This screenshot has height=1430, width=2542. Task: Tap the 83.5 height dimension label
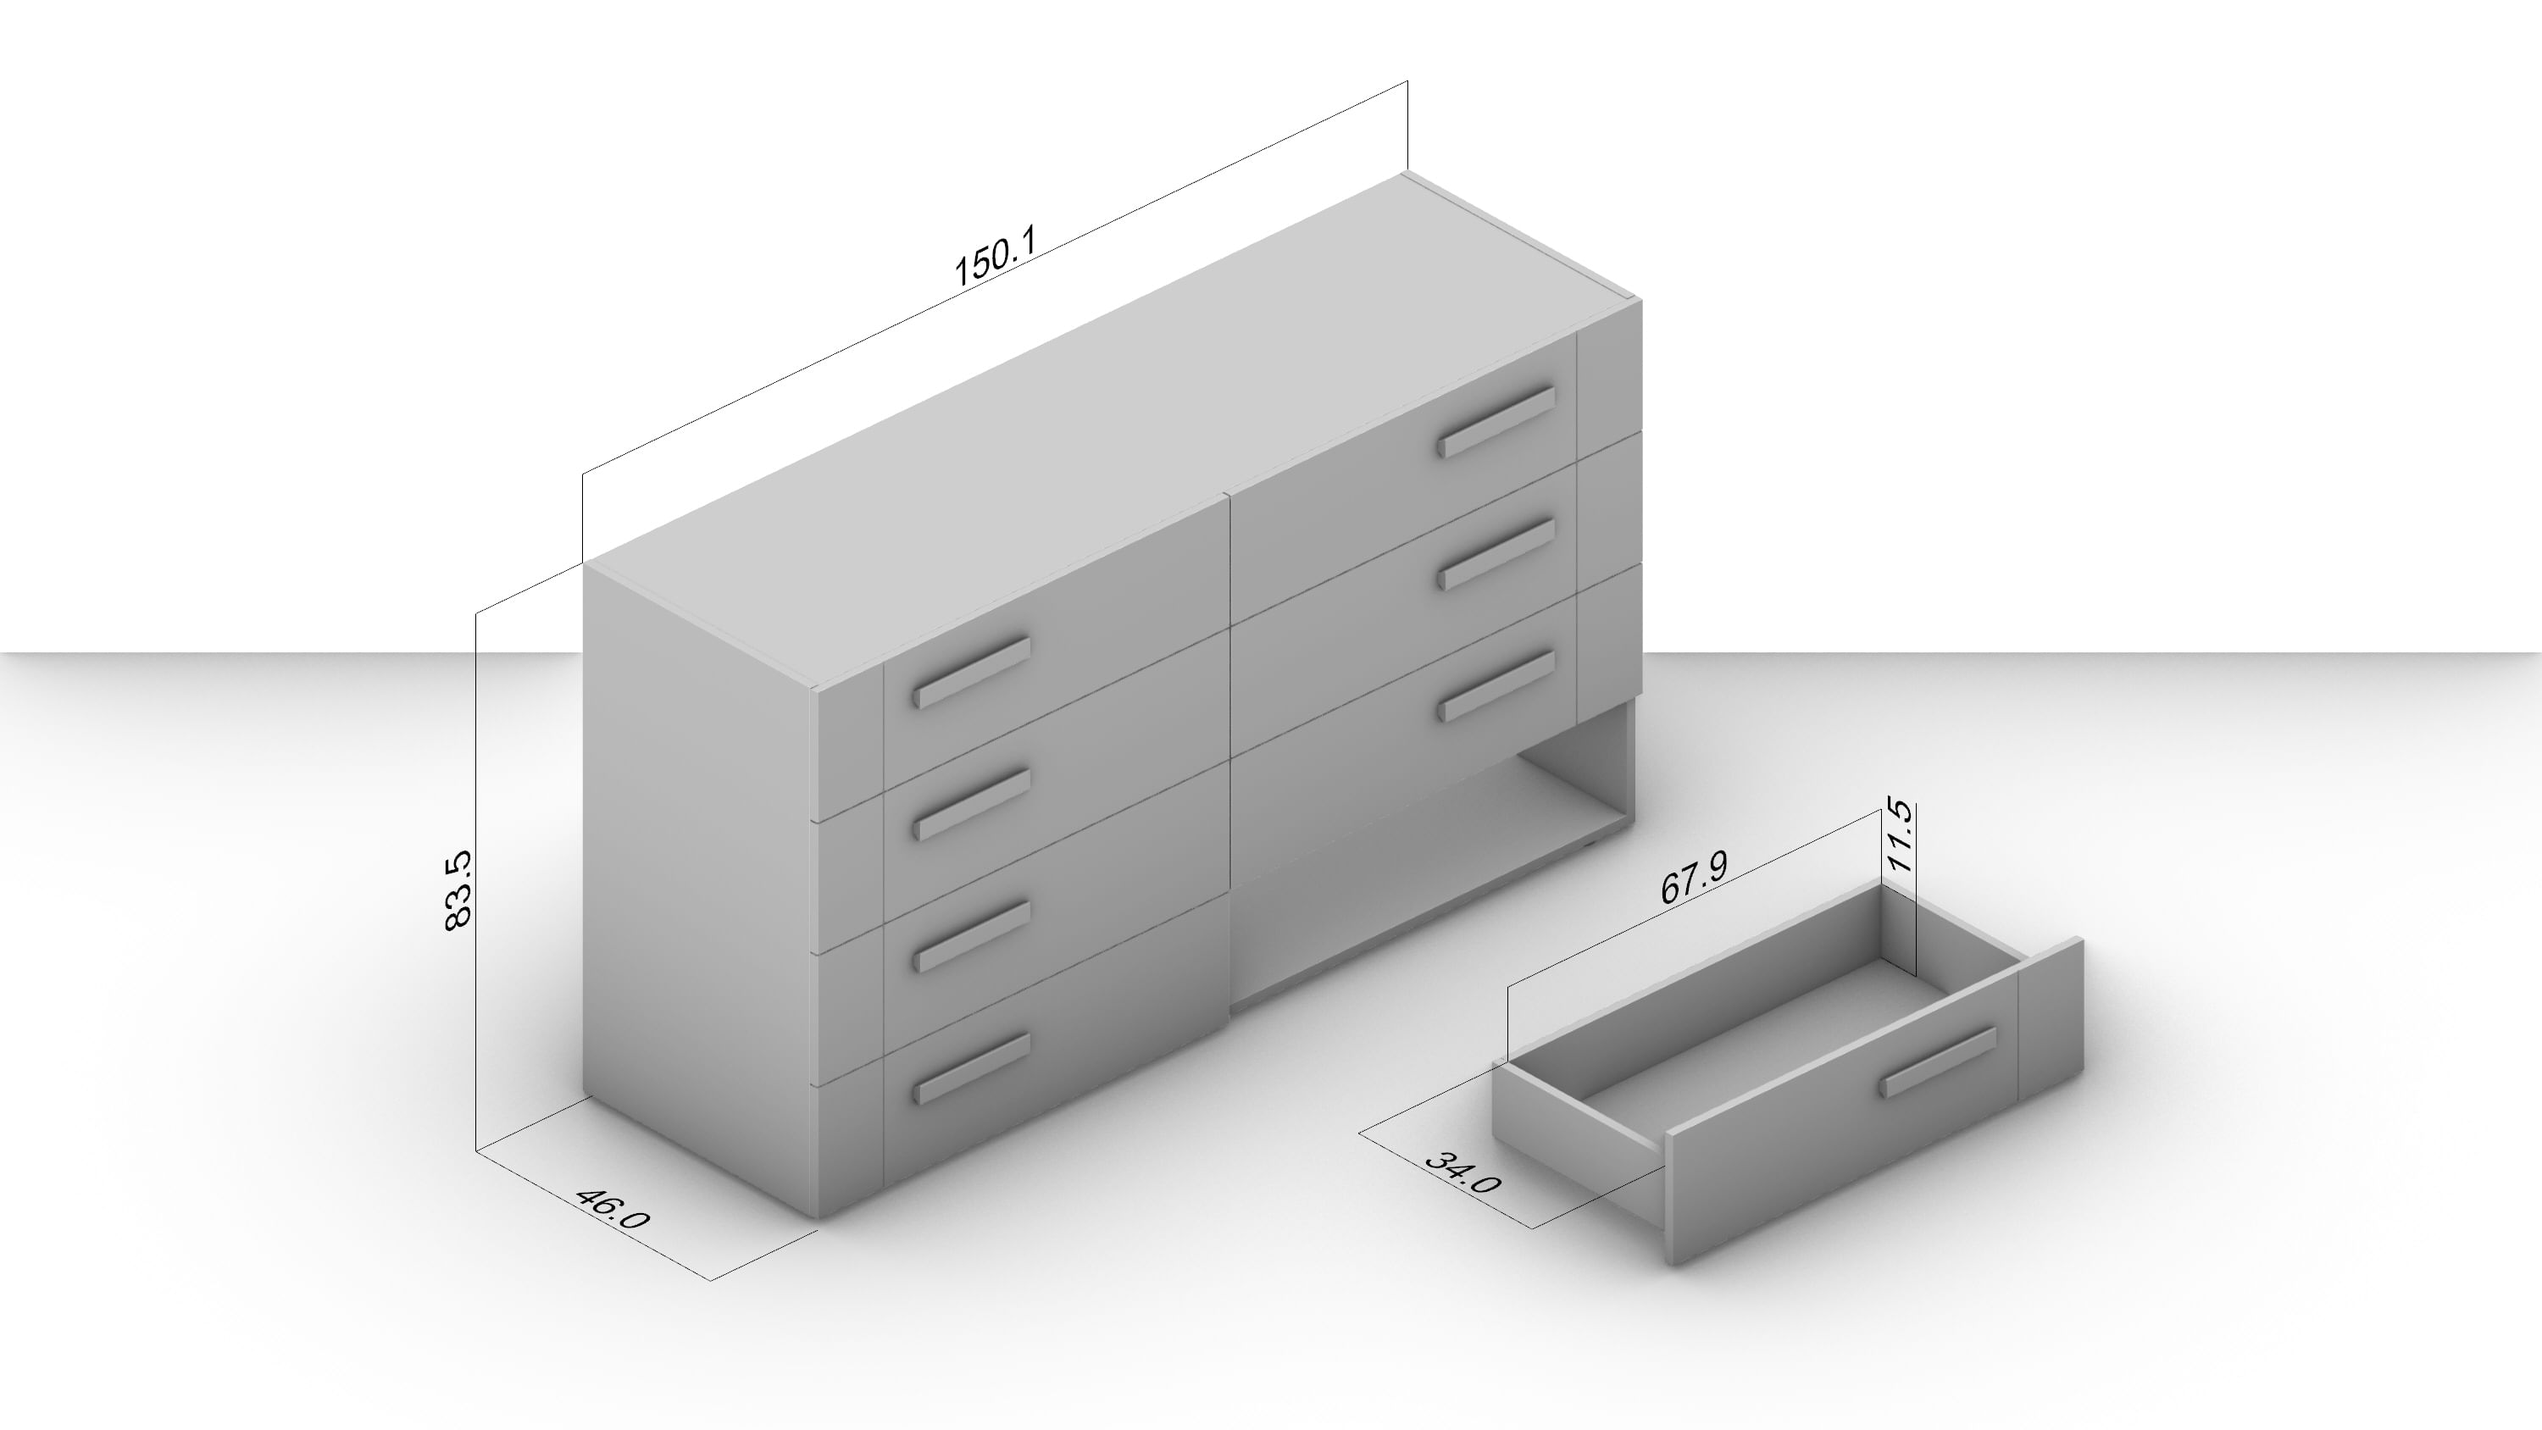point(459,890)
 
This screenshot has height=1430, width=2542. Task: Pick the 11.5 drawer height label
point(1899,837)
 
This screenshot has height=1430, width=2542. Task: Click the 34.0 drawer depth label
point(1462,1172)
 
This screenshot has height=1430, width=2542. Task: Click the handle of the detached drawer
point(1938,1061)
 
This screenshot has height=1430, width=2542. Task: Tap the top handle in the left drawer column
point(971,672)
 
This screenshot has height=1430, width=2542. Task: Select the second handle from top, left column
point(971,804)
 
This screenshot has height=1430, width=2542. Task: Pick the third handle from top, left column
point(971,935)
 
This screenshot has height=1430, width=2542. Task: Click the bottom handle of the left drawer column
point(971,1067)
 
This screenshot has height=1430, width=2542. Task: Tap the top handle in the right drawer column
point(1495,421)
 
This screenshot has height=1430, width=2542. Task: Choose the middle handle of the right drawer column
point(1495,554)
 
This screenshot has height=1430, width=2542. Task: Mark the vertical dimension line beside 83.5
point(476,881)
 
